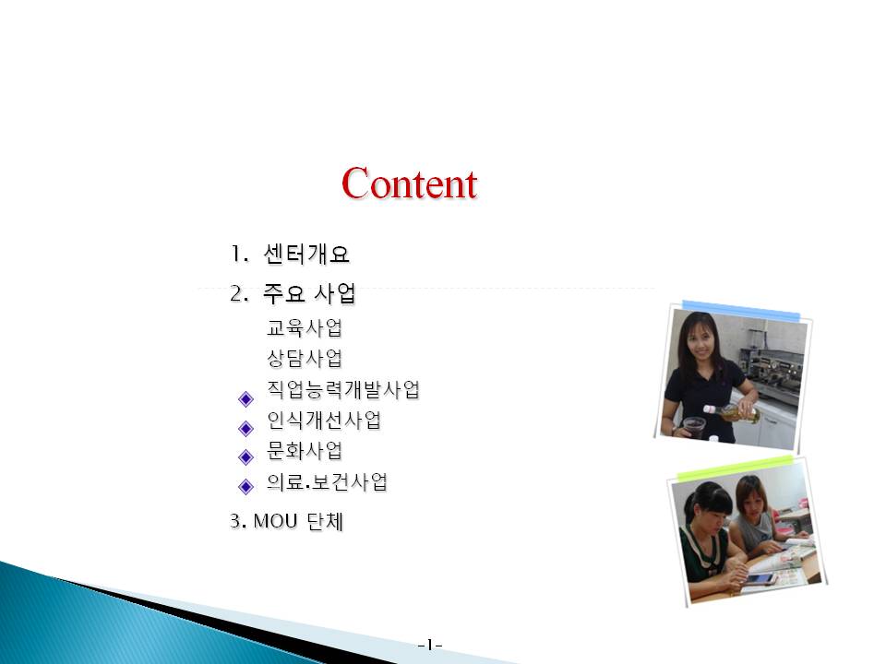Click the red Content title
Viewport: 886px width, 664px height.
409,183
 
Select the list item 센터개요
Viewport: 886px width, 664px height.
306,255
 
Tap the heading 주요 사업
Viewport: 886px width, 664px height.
310,293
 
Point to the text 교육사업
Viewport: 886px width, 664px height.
305,327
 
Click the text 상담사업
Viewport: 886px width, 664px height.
305,358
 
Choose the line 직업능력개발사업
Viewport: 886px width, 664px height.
343,389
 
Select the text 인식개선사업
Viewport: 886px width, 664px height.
324,420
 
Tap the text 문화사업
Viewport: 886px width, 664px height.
305,451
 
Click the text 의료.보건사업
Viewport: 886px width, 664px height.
327,481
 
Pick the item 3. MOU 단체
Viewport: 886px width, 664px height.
286,520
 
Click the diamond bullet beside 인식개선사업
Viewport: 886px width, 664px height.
245,429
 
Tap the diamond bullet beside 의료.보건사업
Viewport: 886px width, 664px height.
245,486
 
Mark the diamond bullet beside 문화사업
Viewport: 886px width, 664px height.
245,456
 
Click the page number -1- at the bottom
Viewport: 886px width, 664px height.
430,645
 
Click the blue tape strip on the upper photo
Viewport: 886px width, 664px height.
741,311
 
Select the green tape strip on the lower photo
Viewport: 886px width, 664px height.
736,468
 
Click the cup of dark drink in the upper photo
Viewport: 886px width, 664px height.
694,427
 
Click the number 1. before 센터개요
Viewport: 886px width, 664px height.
239,255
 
